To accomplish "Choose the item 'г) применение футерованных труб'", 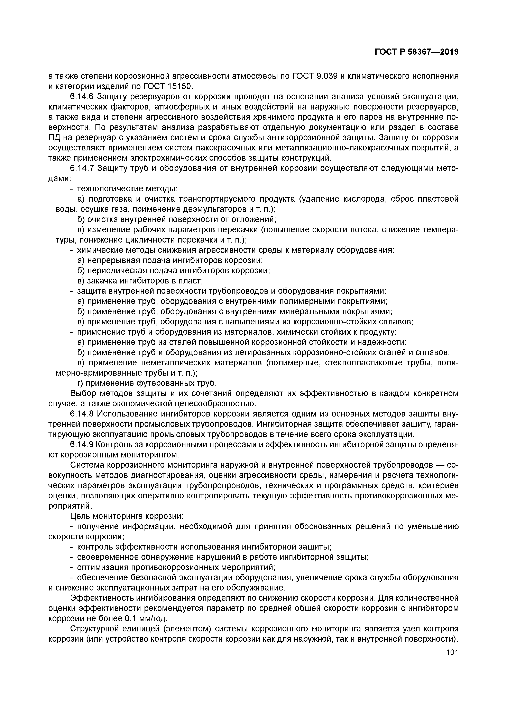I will (x=147, y=383).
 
